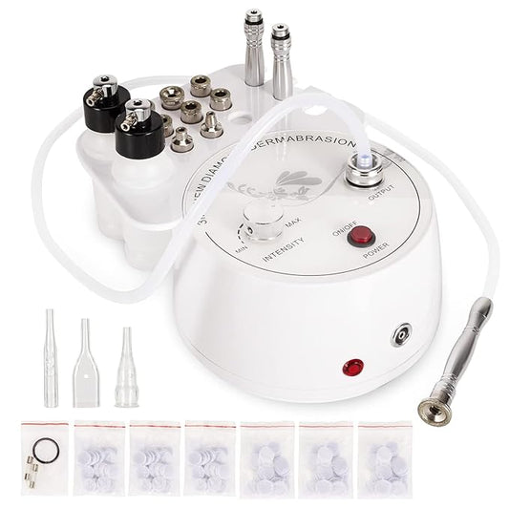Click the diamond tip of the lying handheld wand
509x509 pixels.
point(420,400)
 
